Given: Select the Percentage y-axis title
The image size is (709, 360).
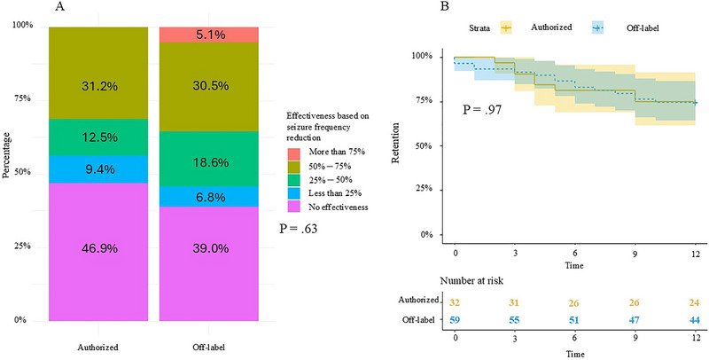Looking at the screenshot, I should tap(7, 173).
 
